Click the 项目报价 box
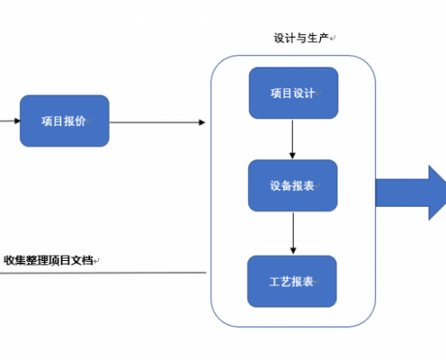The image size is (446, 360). point(65,121)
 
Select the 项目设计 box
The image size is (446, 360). point(294,93)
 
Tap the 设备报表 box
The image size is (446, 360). point(293,185)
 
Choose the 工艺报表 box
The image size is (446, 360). point(292,282)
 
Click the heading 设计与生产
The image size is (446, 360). point(301,38)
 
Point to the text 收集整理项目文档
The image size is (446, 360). point(48,260)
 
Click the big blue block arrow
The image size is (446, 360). point(411,193)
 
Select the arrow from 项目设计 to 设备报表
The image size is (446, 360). point(292,139)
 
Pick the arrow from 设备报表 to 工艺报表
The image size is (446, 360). point(293,233)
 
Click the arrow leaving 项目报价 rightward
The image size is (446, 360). point(158,122)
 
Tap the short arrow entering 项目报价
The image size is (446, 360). point(10,121)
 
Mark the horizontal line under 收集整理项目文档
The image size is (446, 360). point(103,273)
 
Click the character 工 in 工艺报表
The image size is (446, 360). point(275,282)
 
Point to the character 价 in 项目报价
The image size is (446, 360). point(80,121)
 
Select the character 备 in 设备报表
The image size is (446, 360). point(287,185)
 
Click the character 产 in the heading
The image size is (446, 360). point(323,38)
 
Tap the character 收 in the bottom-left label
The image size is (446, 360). point(9,260)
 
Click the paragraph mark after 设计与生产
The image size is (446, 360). point(332,39)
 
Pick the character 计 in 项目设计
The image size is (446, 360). point(309,94)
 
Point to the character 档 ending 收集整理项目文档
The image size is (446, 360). point(87,260)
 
